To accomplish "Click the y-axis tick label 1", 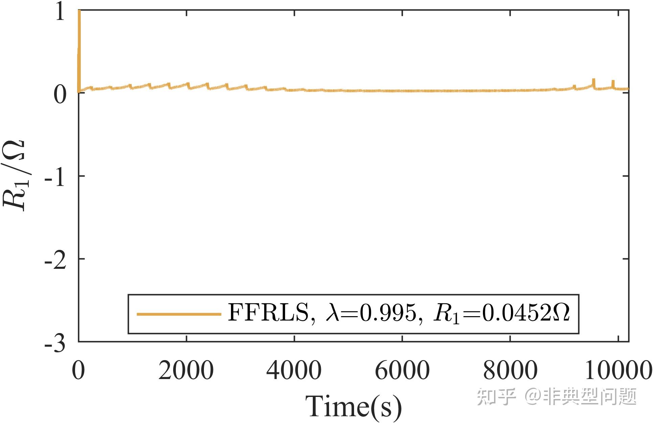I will [60, 14].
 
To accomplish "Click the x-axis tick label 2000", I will [186, 370].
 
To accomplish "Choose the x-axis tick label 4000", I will [294, 370].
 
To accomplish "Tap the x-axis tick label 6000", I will [402, 370].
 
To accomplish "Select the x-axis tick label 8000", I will [510, 370].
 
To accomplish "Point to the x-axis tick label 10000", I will [618, 370].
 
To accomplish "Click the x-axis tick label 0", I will [78, 370].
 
